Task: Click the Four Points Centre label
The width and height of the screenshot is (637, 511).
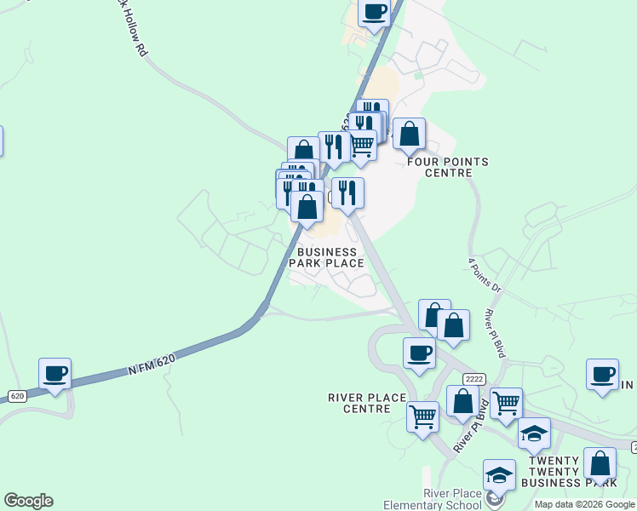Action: point(448,167)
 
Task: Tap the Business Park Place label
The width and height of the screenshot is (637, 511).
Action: point(327,257)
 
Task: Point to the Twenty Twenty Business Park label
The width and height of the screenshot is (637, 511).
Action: point(566,472)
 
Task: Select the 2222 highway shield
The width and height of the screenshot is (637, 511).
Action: point(474,378)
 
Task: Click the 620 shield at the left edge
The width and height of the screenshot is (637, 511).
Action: point(17,396)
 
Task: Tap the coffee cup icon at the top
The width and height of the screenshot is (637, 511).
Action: point(374,13)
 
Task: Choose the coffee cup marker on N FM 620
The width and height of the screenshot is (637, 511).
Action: point(55,374)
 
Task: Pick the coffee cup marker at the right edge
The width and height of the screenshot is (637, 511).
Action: point(602,375)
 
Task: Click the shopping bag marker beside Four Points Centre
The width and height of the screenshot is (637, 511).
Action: point(410,134)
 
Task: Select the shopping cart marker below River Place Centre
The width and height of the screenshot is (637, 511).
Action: point(423,417)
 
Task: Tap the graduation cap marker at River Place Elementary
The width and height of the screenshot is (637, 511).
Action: point(500,474)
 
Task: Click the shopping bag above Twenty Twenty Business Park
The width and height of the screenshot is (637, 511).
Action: point(600,464)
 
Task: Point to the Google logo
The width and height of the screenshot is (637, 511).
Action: point(28,501)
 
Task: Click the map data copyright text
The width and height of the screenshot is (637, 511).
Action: point(584,504)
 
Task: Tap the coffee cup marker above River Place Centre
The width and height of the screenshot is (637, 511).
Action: point(419,353)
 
